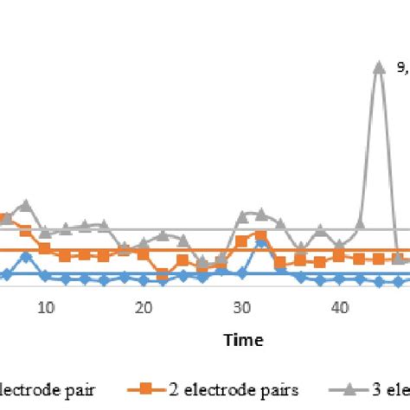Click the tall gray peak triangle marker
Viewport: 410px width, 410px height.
[379, 66]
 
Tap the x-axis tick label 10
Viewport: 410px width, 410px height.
[46, 307]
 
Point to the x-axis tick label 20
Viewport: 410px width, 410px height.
[144, 307]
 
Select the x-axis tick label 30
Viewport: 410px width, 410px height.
[242, 307]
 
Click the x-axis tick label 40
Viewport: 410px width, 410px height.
[340, 307]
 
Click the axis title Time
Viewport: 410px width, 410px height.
[243, 340]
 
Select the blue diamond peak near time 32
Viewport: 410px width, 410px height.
[261, 242]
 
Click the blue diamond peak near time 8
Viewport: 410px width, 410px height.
[26, 255]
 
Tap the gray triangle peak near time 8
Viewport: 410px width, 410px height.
[26, 205]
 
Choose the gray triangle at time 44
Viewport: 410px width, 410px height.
[360, 226]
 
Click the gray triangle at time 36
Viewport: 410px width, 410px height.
[300, 247]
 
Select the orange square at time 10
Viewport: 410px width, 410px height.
[45, 248]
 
